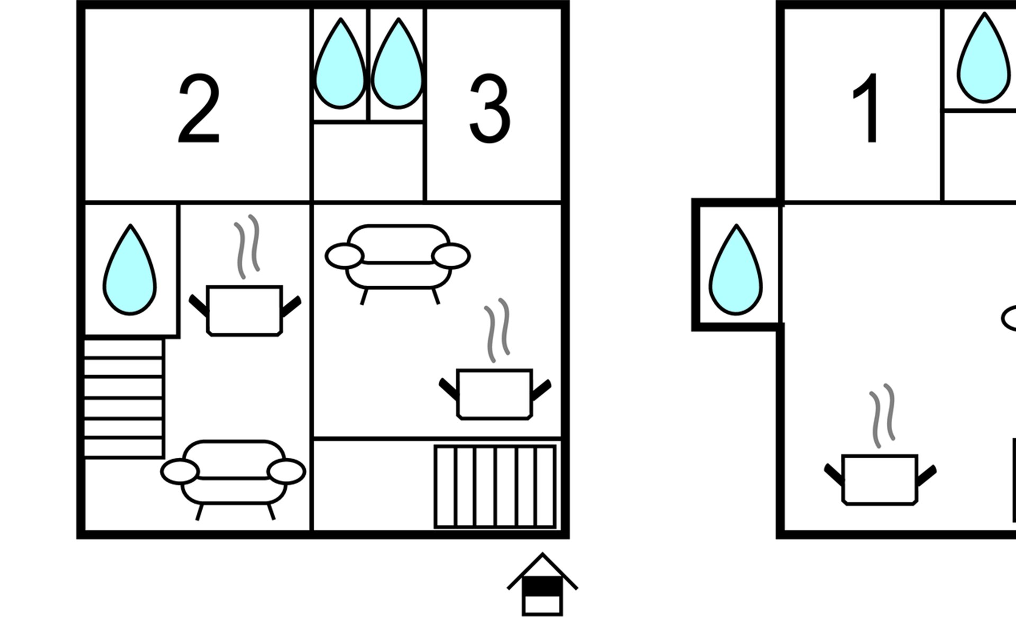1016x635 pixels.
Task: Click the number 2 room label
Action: click(198, 108)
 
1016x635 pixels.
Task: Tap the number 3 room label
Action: click(490, 108)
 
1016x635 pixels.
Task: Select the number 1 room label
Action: click(867, 108)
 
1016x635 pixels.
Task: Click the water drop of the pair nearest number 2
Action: click(340, 66)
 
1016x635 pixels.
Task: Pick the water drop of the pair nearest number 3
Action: click(397, 66)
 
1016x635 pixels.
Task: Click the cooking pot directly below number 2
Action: click(244, 311)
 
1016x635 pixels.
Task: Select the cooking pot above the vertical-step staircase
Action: click(495, 394)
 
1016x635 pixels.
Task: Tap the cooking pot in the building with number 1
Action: click(879, 479)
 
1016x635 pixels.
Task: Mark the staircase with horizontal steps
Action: click(123, 398)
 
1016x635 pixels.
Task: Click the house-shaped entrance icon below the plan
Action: click(542, 586)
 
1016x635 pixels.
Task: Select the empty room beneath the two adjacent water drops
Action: click(368, 161)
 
